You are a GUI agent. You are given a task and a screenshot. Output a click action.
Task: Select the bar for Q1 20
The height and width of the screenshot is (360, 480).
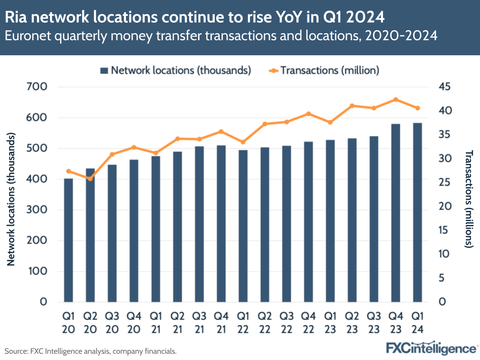(x=69, y=240)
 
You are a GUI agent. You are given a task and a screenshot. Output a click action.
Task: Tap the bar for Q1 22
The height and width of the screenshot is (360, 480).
(x=243, y=226)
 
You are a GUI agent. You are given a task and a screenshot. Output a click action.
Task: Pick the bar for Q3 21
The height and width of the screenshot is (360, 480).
(x=199, y=224)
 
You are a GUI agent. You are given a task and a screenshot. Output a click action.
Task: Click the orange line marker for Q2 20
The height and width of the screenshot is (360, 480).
(x=90, y=179)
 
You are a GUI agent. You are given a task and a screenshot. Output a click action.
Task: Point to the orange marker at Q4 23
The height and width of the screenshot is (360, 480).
(x=395, y=99)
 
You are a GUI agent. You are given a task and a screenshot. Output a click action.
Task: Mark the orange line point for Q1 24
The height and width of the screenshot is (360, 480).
(x=418, y=108)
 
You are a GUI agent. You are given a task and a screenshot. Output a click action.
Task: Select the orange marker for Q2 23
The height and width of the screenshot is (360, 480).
(x=352, y=106)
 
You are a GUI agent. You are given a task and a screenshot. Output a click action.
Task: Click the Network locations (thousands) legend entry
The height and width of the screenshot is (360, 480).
(x=175, y=70)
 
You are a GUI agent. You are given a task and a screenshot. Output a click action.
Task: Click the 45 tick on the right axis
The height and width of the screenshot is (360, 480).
(x=445, y=87)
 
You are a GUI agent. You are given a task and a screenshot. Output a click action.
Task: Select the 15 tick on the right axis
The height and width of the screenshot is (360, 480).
(x=445, y=230)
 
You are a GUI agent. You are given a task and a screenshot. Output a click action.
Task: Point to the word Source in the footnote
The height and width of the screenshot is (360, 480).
(x=15, y=351)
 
